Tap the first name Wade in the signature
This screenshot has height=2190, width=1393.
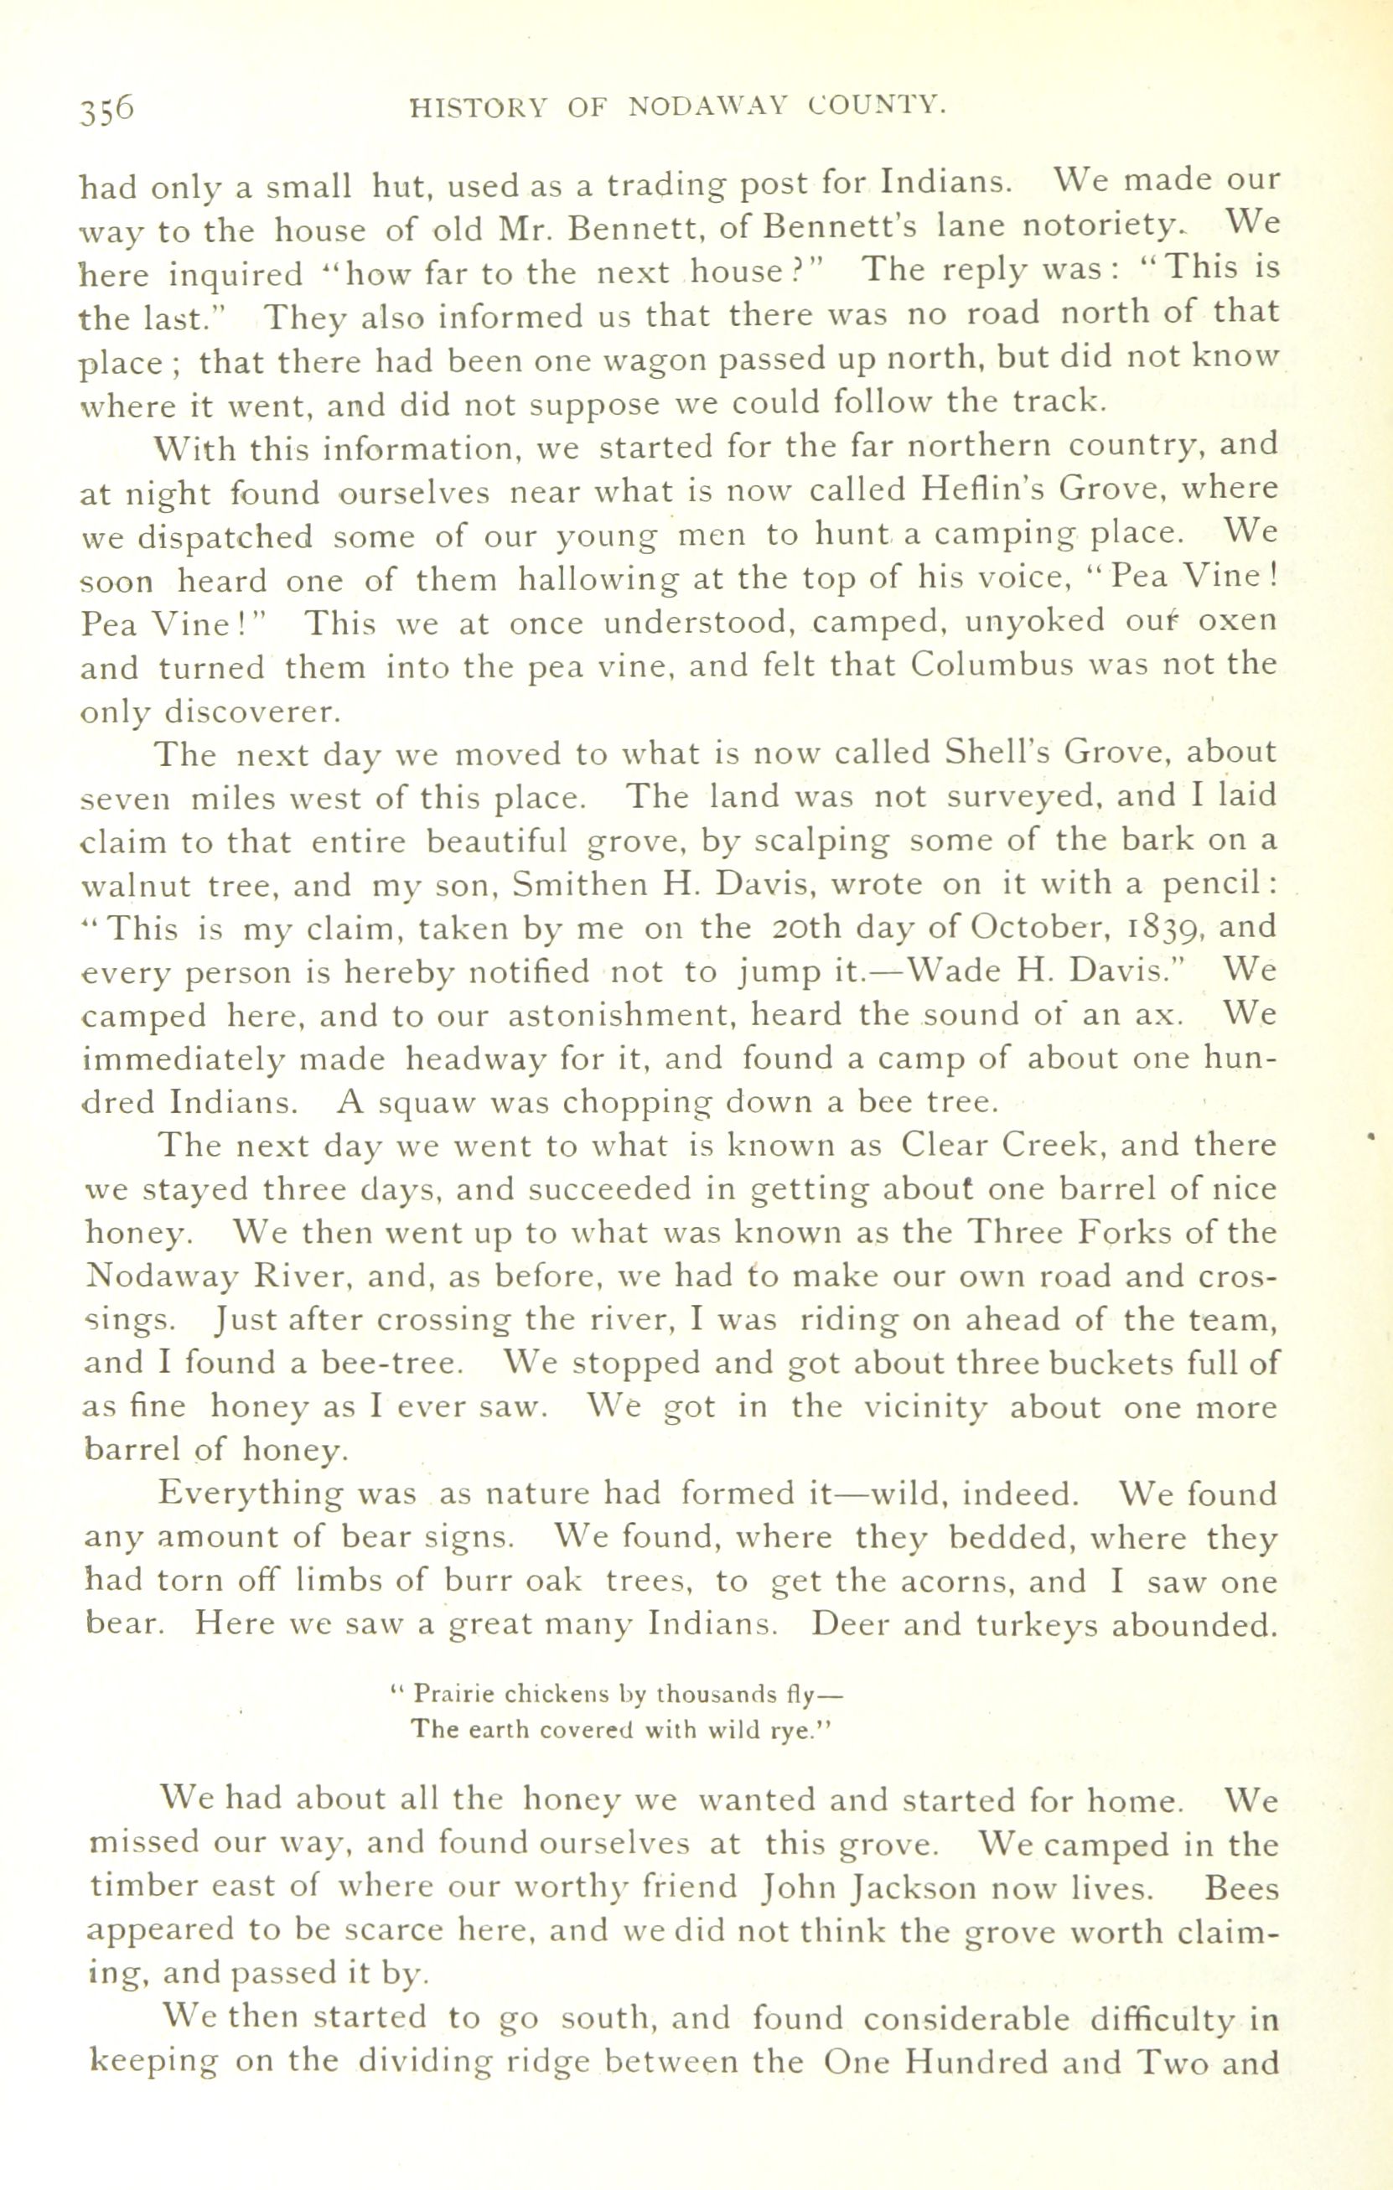941,972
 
